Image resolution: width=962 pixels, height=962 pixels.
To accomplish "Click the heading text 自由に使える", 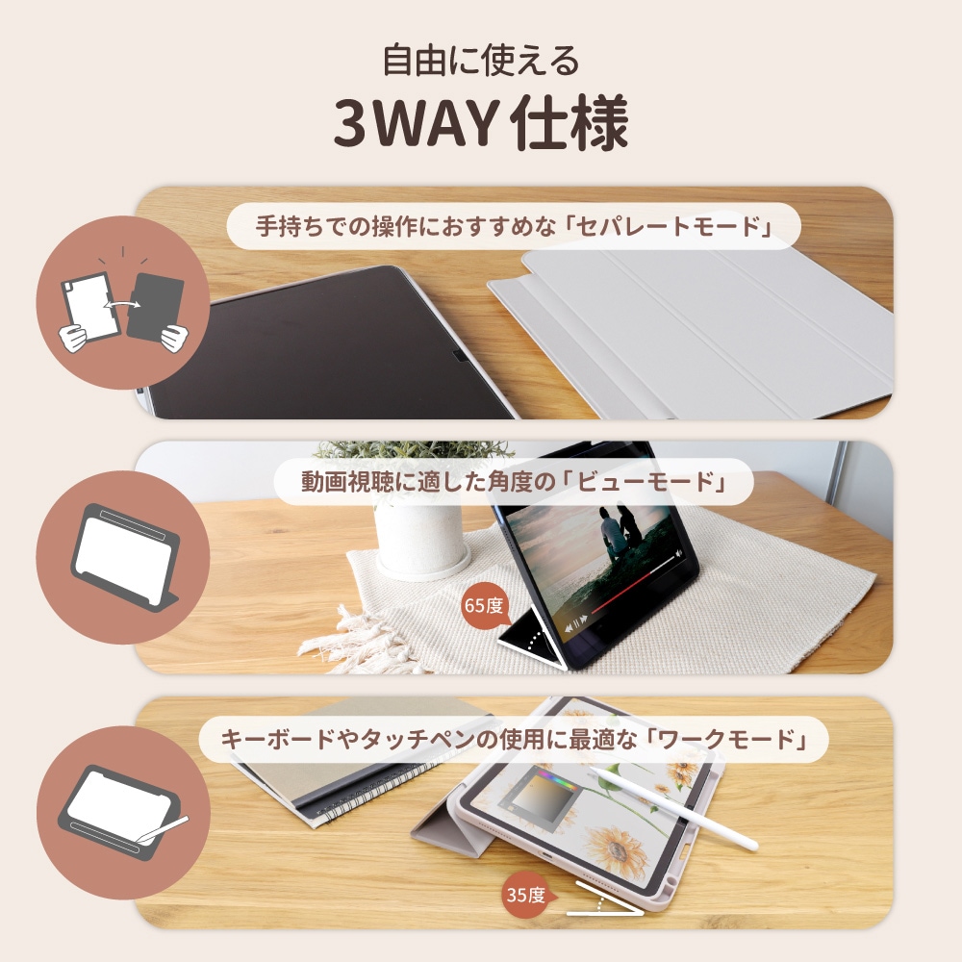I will coord(481,61).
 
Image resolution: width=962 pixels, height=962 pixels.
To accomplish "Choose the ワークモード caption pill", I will coord(514,739).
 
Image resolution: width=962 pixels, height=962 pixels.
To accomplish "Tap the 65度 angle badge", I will coord(483,606).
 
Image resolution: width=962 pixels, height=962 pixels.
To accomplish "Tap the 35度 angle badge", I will coord(525,896).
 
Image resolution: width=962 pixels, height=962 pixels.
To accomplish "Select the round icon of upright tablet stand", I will coord(122,558).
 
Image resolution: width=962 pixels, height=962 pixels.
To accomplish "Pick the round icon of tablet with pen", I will coord(122,813).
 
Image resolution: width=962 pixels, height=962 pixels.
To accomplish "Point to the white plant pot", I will coord(418,539).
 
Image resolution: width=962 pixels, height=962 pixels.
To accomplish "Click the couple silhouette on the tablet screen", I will coord(616,529).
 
